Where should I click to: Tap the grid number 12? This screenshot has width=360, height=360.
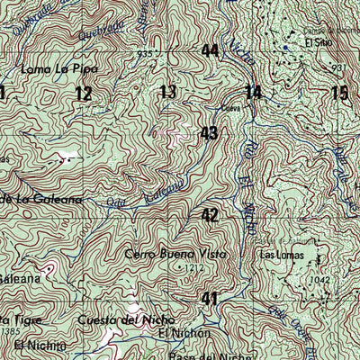(84, 93)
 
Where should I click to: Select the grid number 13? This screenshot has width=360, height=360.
(167, 91)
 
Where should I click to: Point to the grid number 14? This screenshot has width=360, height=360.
(253, 91)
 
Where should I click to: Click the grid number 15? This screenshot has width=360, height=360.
(338, 92)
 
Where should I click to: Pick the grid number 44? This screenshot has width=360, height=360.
(210, 50)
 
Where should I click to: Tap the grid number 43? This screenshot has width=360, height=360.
(210, 133)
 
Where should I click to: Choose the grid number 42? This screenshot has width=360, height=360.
(210, 215)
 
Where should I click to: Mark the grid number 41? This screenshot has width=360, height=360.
(210, 298)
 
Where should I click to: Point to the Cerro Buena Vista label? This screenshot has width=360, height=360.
(177, 255)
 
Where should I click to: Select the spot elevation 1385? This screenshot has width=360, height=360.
(10, 332)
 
